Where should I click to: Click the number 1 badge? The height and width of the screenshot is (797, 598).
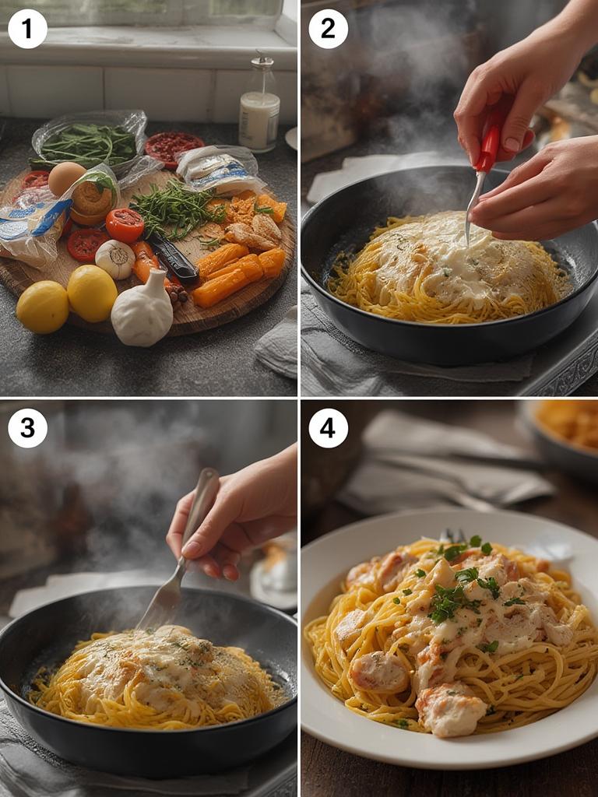tap(27, 29)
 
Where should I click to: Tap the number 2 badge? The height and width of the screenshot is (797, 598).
tap(328, 29)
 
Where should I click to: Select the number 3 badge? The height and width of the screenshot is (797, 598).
tap(27, 428)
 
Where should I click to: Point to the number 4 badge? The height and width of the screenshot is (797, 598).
tap(328, 428)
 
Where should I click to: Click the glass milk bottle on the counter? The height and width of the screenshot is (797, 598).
tap(259, 109)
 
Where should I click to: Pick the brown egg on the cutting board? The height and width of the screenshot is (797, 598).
tap(67, 178)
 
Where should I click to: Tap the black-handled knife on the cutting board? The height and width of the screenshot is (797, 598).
tap(173, 258)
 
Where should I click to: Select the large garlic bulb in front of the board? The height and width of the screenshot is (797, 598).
tap(142, 311)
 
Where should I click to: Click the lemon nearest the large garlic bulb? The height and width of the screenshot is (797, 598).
tap(92, 293)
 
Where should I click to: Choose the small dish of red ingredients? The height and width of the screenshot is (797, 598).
tap(174, 146)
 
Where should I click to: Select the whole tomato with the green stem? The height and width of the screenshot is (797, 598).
tap(125, 225)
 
